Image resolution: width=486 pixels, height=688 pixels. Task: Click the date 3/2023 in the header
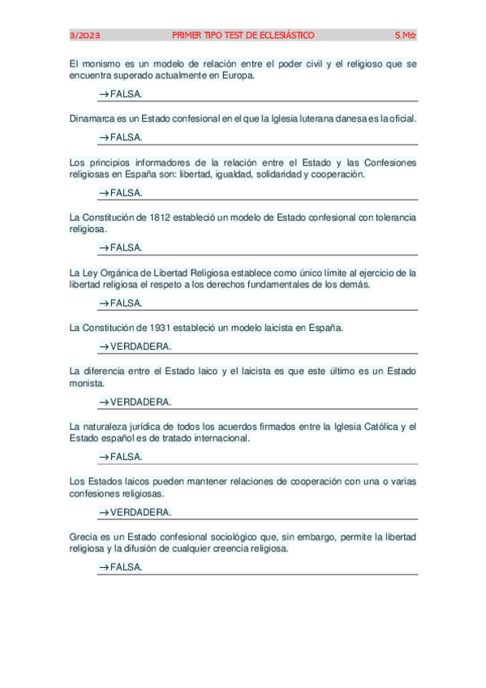point(84,35)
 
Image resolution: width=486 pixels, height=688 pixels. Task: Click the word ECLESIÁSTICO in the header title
point(285,35)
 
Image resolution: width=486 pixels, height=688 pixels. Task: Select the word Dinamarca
point(91,118)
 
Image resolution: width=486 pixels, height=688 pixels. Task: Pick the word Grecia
point(84,536)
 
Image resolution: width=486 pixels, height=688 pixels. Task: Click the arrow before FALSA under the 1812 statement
point(103,247)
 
